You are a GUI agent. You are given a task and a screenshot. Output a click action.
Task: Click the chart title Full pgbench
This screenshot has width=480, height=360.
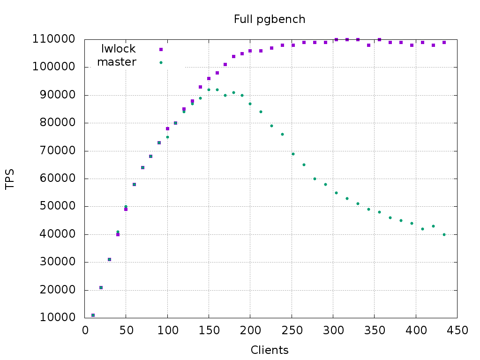(270, 19)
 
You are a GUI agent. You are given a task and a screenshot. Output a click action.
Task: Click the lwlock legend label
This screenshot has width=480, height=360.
(119, 49)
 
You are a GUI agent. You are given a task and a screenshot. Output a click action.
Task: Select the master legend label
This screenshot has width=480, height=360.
(117, 62)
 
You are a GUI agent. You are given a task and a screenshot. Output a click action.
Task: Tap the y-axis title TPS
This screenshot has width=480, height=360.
(10, 179)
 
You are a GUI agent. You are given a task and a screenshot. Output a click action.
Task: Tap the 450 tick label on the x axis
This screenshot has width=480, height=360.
(457, 330)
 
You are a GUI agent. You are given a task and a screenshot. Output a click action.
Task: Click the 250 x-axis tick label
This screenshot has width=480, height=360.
(292, 330)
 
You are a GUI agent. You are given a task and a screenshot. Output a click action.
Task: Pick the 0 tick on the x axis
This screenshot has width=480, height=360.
(85, 330)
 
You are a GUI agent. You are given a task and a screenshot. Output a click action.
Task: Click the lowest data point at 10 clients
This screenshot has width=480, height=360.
(93, 315)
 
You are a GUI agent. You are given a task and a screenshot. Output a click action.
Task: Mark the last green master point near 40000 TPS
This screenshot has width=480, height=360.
(444, 234)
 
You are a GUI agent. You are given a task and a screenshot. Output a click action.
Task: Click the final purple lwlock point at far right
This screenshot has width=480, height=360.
(444, 43)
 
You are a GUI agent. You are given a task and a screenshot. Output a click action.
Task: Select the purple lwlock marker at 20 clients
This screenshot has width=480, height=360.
(101, 287)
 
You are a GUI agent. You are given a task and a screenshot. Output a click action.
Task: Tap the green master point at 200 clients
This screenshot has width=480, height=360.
(250, 104)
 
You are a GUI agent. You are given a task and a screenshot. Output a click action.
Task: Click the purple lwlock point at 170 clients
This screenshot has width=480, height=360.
(225, 64)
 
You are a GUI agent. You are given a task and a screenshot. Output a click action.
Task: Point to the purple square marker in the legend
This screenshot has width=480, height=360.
(161, 49)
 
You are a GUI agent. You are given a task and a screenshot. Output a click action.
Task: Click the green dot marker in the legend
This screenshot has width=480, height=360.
(161, 62)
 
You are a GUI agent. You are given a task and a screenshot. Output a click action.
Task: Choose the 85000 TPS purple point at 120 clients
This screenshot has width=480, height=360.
(184, 109)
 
